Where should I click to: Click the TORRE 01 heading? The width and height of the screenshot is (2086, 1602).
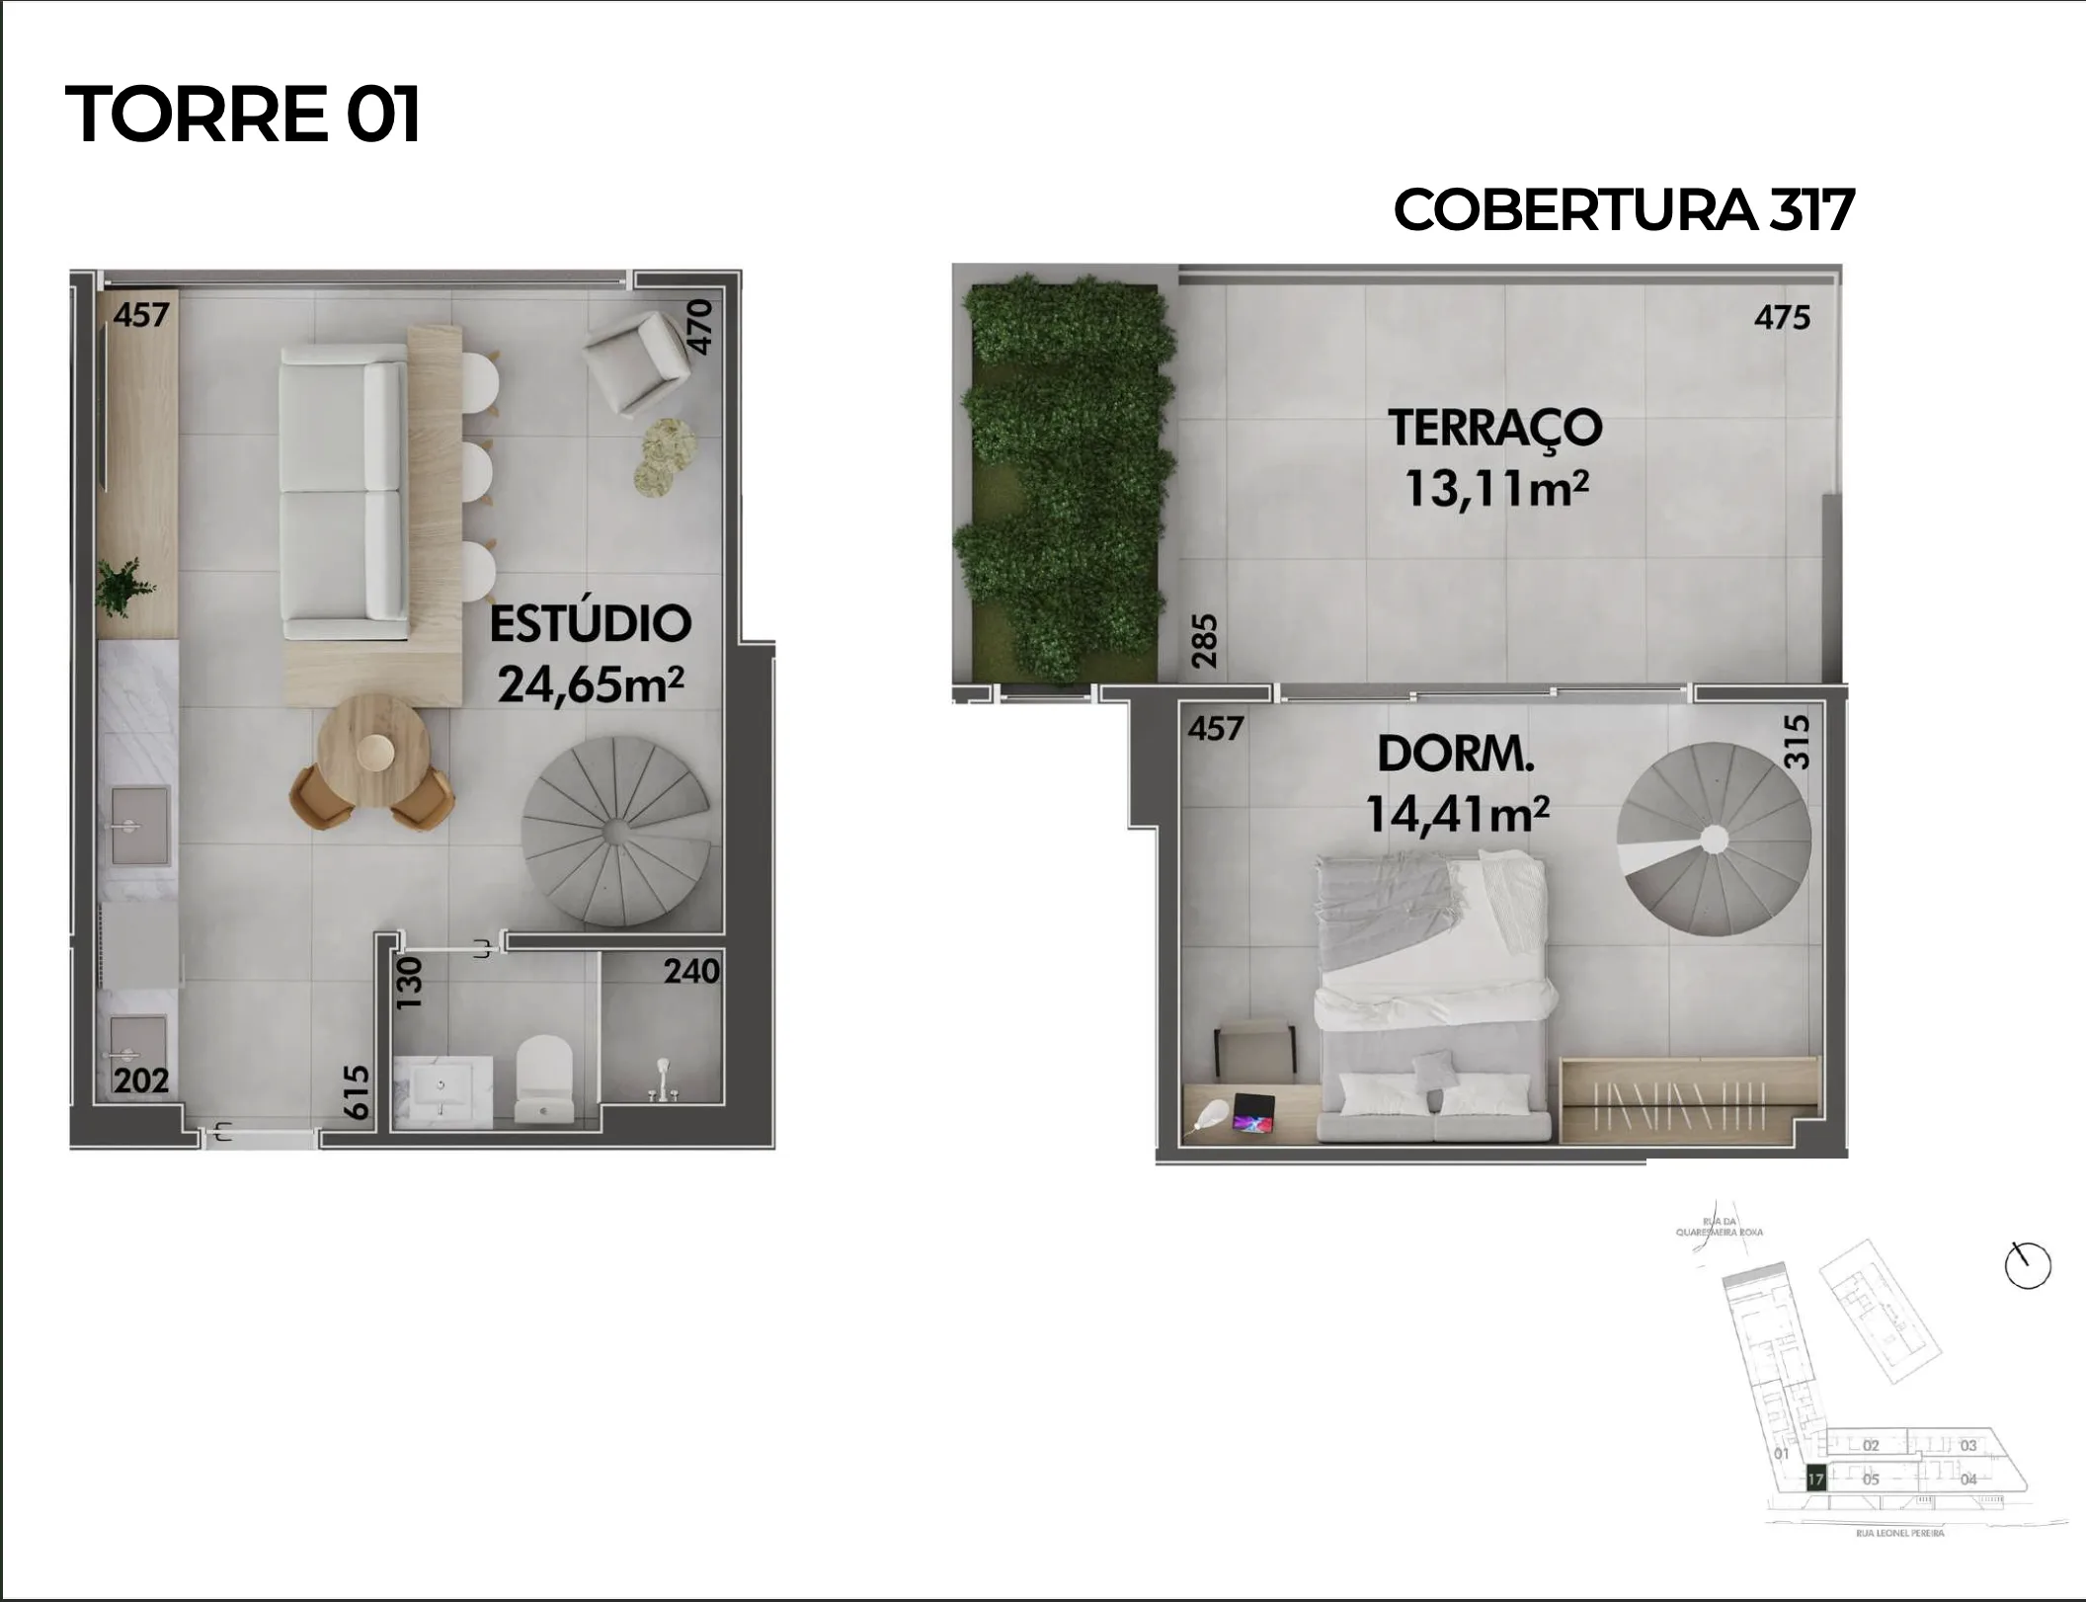tap(243, 114)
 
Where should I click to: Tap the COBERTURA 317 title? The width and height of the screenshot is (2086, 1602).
tap(1623, 210)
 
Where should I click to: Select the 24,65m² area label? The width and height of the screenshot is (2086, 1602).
tap(590, 683)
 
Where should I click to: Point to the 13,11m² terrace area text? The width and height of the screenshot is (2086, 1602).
tap(1495, 488)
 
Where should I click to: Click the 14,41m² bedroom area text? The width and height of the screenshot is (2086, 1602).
tap(1456, 815)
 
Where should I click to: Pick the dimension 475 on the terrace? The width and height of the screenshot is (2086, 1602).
tap(1782, 317)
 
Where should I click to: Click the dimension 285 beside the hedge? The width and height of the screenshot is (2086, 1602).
tap(1204, 641)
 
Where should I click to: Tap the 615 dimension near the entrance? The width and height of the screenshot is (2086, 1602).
tap(356, 1091)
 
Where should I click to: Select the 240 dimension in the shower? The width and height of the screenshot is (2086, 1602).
tap(691, 972)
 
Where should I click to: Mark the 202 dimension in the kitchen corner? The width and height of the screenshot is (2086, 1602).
tap(141, 1081)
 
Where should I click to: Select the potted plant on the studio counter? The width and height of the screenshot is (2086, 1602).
tap(123, 586)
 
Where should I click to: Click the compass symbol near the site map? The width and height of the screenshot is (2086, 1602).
tap(2028, 1265)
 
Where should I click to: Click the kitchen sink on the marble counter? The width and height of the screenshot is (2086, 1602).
tap(139, 826)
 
